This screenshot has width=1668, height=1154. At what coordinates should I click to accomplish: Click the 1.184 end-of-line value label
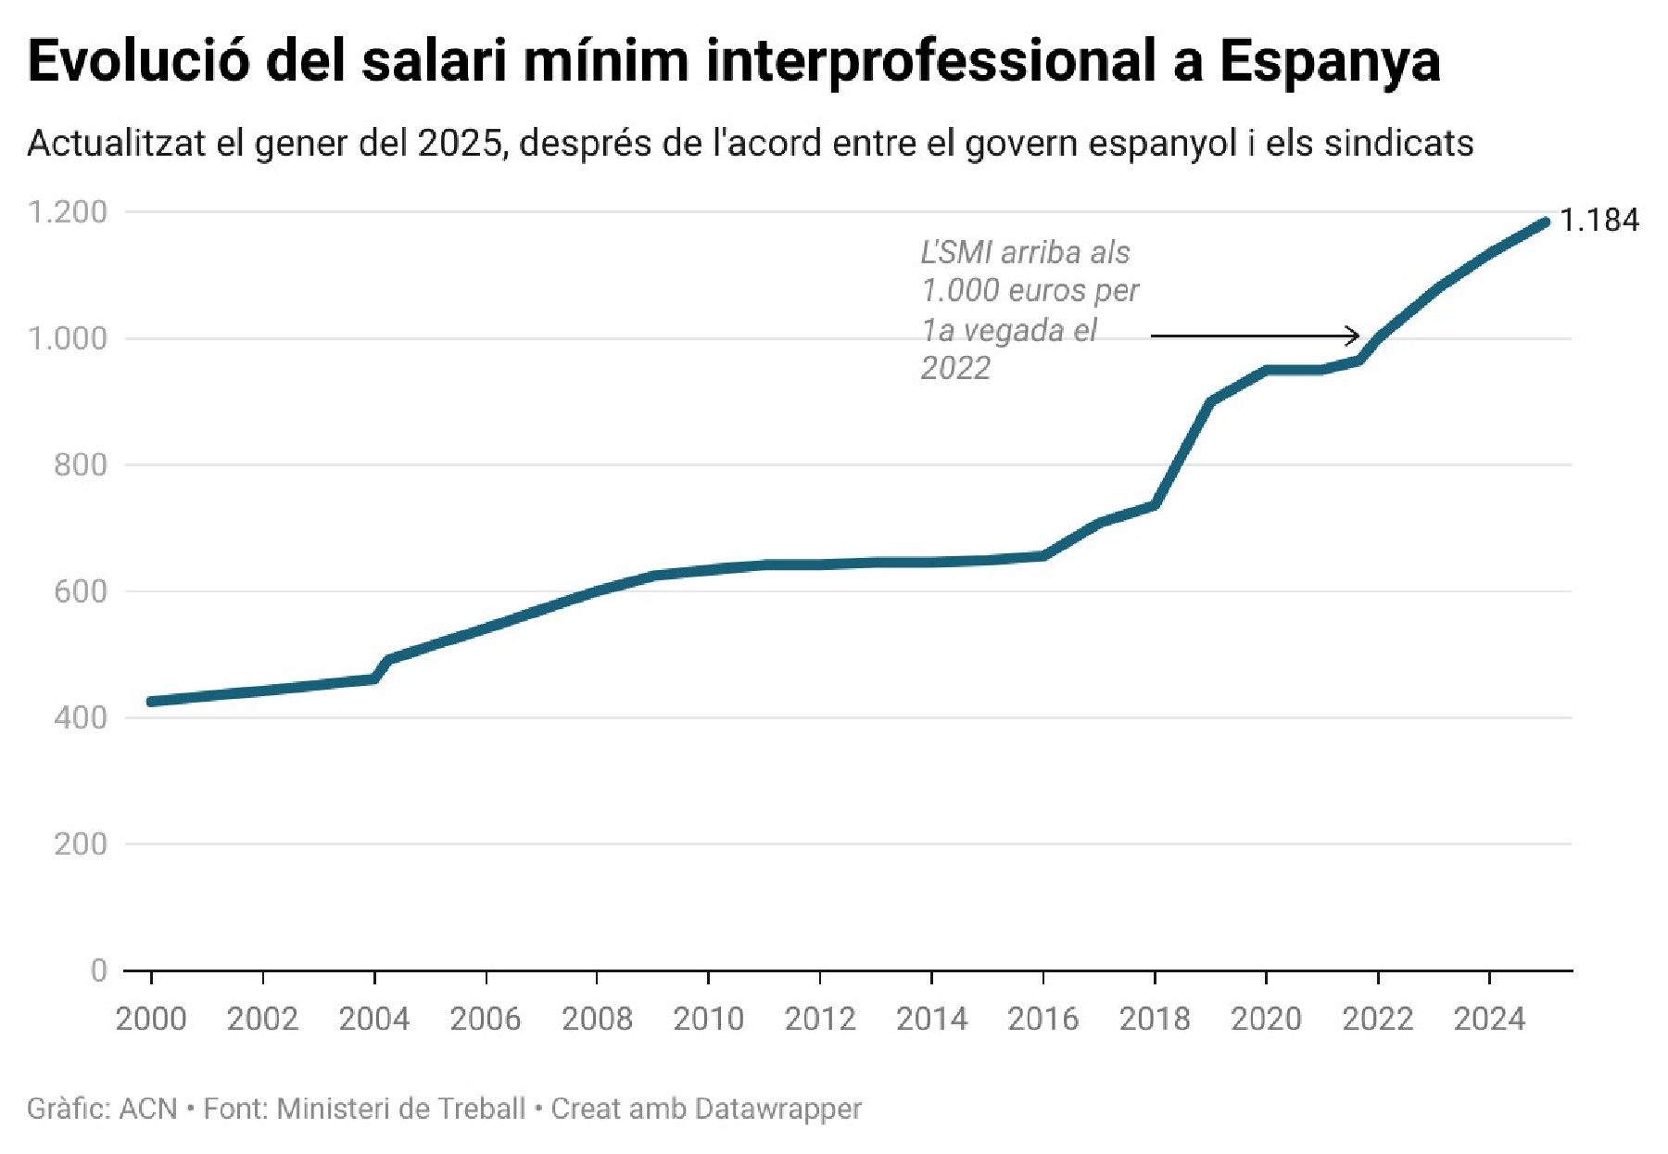[x=1598, y=221]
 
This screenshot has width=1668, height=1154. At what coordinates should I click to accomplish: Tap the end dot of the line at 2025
[x=1544, y=222]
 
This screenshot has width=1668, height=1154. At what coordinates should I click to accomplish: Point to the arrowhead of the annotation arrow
[x=1355, y=336]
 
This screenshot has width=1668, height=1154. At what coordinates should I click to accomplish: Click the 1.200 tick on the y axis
[x=68, y=212]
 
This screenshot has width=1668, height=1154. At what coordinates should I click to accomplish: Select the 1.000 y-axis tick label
[x=68, y=338]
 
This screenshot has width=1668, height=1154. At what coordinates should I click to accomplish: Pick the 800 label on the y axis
[x=81, y=464]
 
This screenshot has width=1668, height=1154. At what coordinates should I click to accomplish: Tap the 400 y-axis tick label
[x=81, y=717]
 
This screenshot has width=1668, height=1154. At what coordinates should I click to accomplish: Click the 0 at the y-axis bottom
[x=99, y=970]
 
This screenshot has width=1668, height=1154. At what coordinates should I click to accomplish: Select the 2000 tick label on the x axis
[x=151, y=1020]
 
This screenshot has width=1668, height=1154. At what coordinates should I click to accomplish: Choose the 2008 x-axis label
[x=597, y=1020]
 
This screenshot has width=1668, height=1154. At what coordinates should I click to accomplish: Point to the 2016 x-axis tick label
[x=1042, y=1020]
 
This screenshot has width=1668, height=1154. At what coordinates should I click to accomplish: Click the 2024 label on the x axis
[x=1489, y=1020]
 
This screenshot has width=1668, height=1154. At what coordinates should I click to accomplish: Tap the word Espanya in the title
[x=1329, y=61]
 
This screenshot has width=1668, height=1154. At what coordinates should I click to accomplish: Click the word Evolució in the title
[x=139, y=61]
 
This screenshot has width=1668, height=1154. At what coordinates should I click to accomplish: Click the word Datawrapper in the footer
[x=778, y=1109]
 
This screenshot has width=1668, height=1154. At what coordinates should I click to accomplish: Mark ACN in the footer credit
[x=148, y=1109]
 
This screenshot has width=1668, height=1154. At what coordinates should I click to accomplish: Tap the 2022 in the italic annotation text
[x=955, y=369]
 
